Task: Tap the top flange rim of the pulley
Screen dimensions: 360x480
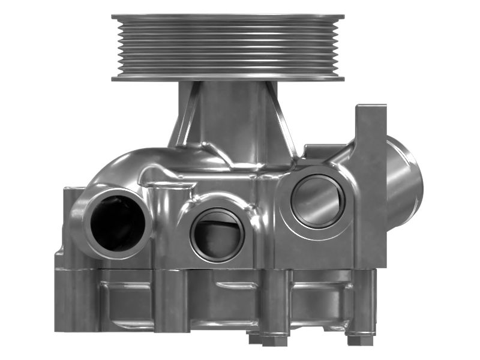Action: click(228, 17)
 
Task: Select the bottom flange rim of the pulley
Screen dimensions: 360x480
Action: click(228, 77)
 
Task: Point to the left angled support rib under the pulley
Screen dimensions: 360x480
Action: click(183, 117)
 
